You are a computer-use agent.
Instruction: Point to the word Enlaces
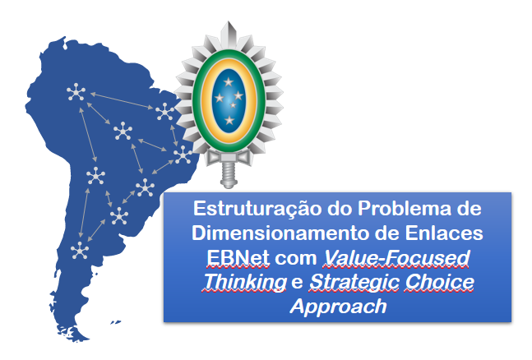click(x=447, y=233)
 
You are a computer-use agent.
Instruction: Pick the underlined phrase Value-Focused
click(x=397, y=258)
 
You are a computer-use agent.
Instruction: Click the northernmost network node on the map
click(x=76, y=94)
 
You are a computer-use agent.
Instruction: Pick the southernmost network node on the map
click(x=80, y=250)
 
